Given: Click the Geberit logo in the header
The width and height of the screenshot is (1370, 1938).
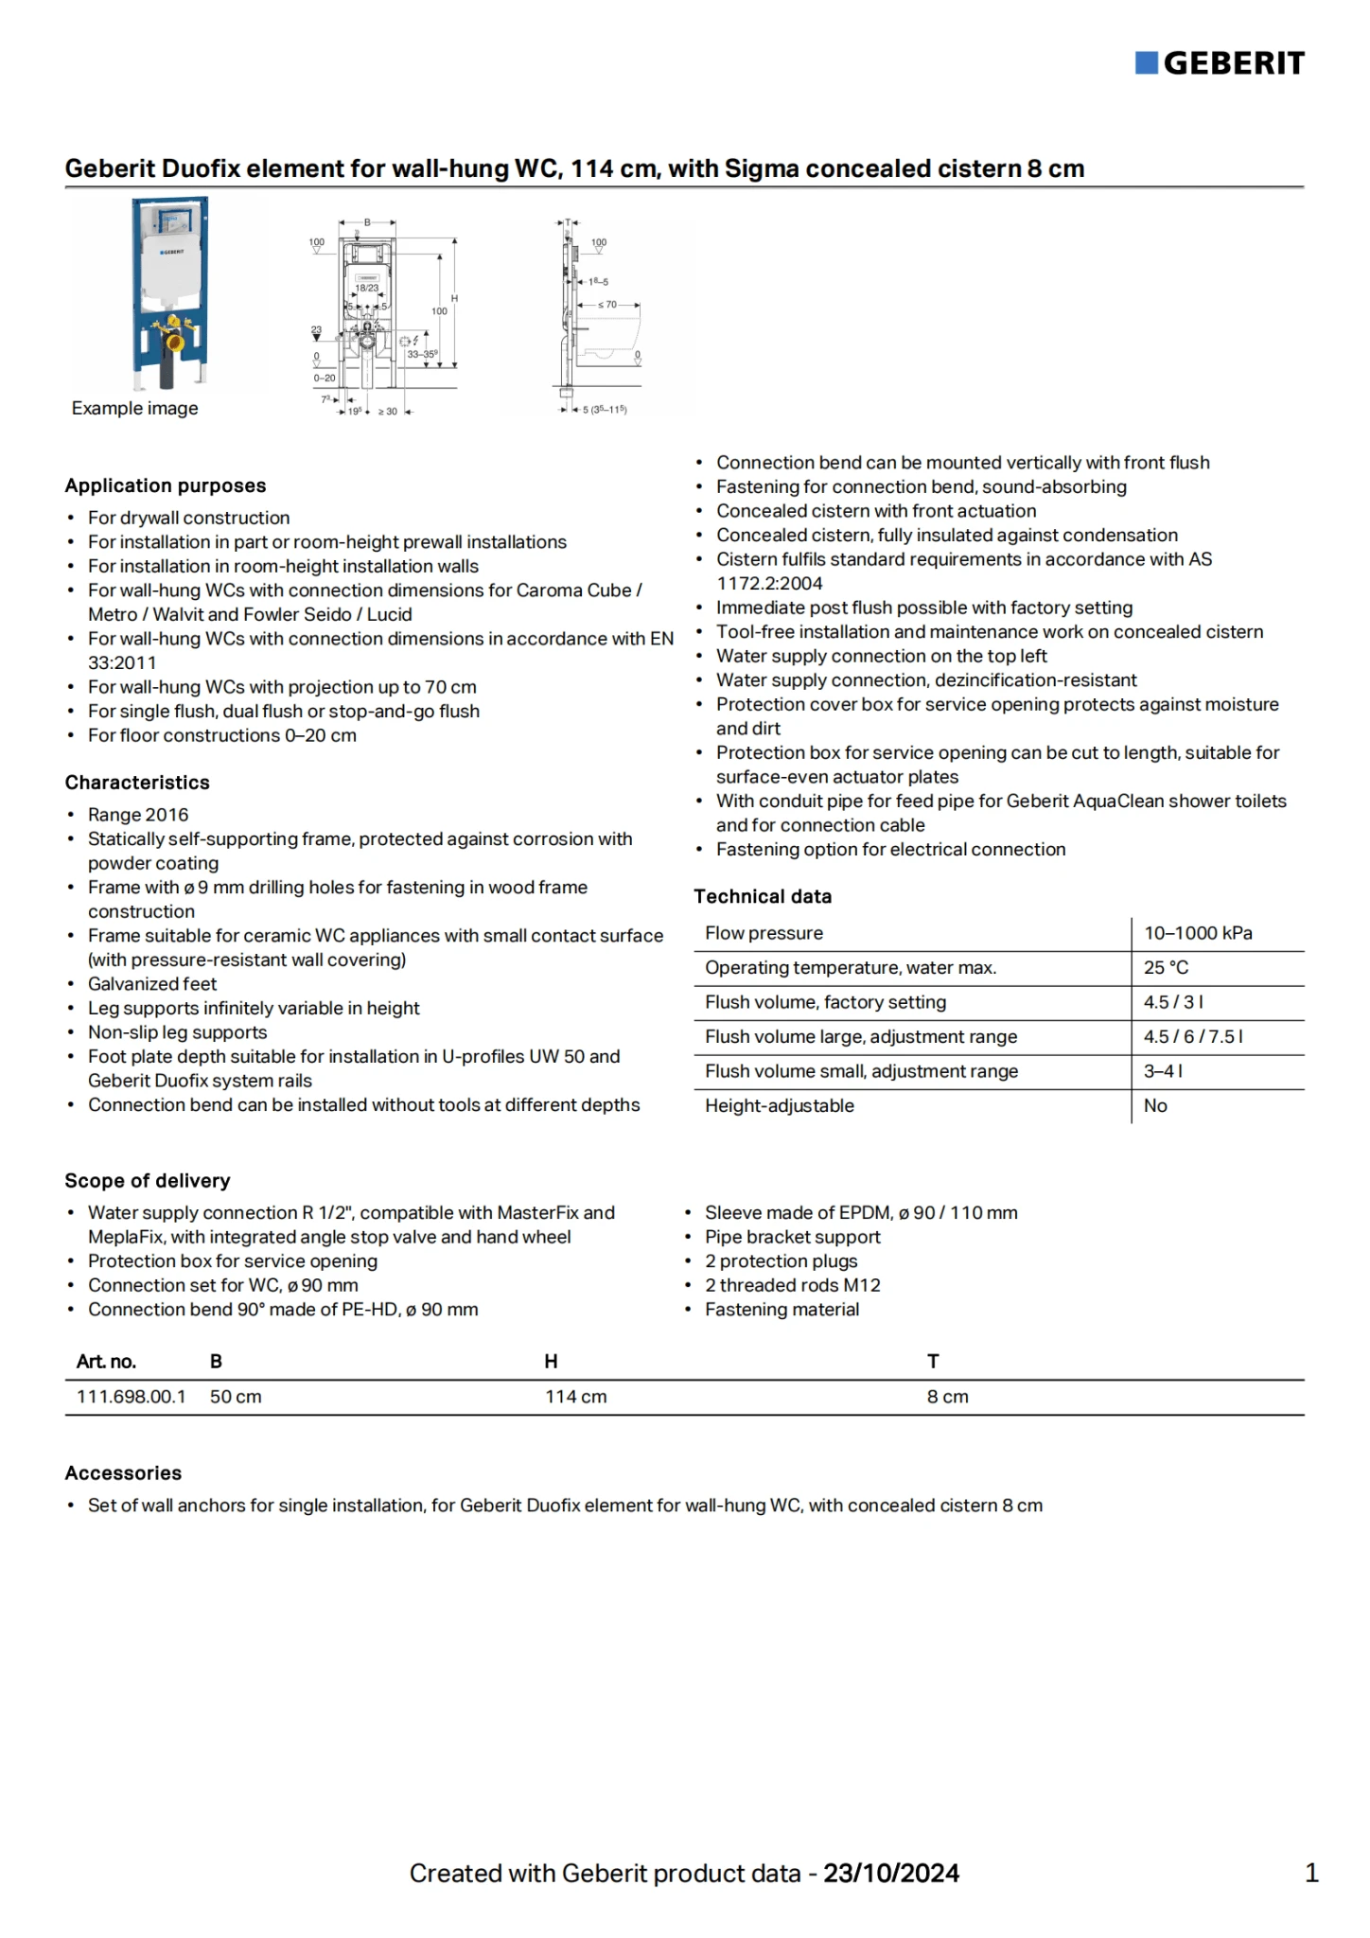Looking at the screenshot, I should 1220,63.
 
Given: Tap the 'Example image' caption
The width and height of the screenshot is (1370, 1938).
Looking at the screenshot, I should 135,408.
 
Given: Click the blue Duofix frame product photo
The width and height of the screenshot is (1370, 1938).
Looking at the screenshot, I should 170,293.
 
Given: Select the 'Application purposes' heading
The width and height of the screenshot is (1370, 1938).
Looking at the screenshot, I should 166,485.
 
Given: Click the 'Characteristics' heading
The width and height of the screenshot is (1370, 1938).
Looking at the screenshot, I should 137,783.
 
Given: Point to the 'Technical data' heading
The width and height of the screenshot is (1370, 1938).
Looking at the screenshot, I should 763,896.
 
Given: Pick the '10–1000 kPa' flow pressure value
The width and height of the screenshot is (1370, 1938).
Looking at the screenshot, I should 1198,933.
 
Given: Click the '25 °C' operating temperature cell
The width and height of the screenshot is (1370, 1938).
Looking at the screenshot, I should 1166,967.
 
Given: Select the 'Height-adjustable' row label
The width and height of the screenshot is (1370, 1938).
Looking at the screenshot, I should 780,1105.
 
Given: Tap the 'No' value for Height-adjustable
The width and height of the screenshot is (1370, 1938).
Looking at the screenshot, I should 1155,1105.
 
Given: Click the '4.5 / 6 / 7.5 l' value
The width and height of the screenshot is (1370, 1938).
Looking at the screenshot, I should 1193,1036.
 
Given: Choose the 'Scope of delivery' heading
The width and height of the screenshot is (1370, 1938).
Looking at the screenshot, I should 148,1181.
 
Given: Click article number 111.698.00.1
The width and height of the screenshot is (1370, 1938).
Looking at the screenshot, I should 132,1397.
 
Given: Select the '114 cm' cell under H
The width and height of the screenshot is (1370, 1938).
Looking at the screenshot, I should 576,1397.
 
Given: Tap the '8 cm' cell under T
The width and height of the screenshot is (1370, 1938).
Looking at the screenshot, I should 948,1397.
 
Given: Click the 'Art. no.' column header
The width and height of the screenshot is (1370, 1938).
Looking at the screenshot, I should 106,1362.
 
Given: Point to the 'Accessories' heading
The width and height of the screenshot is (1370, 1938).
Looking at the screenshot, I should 123,1473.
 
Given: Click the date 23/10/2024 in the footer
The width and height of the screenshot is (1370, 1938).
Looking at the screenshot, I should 891,1874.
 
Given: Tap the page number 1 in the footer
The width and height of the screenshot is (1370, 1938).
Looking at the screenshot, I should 1311,1873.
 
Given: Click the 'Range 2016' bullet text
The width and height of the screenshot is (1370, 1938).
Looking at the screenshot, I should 138,815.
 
